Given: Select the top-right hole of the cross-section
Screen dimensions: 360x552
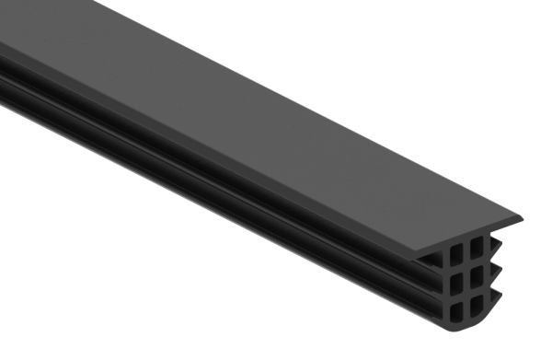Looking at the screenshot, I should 476,247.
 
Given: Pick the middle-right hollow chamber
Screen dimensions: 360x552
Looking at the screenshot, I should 476,273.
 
